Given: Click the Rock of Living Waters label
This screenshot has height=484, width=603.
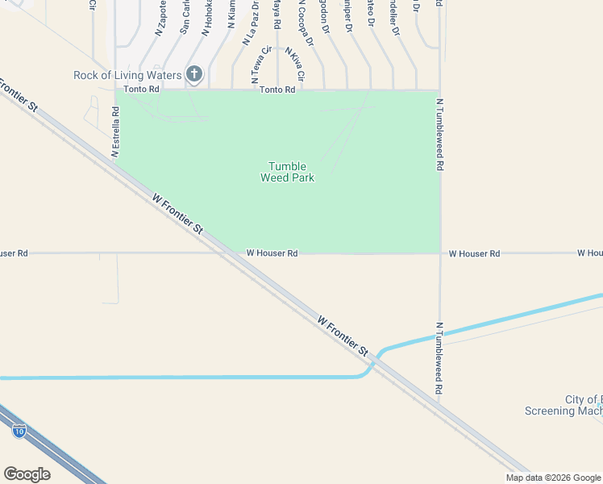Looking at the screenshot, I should click(x=127, y=75).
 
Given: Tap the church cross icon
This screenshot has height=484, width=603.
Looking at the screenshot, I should click(x=193, y=75).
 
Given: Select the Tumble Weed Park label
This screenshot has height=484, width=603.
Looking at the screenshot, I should click(x=287, y=172).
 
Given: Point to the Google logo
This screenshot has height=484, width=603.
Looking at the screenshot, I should click(x=27, y=474).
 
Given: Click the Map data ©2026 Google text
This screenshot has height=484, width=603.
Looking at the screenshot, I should click(x=552, y=478).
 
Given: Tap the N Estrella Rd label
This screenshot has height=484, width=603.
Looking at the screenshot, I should click(x=115, y=133).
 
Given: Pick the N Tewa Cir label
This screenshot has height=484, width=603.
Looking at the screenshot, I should click(x=257, y=65).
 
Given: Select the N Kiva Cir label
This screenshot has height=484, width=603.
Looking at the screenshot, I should click(x=293, y=64).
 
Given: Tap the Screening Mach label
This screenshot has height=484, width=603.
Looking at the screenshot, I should click(x=563, y=411).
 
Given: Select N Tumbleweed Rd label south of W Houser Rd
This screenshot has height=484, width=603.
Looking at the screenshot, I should click(x=439, y=357).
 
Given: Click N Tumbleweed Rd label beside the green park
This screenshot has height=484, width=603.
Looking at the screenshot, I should click(x=440, y=134).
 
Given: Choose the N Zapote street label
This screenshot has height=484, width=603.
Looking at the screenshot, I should click(x=160, y=19).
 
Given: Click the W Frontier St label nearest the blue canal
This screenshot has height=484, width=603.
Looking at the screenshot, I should click(x=343, y=336).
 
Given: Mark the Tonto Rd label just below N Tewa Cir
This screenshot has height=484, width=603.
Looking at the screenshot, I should click(x=277, y=90).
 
